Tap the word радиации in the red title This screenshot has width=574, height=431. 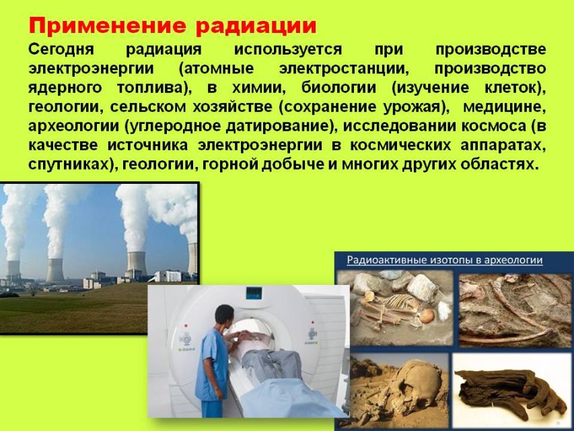point(256,27)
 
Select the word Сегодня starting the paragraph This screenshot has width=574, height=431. point(61,49)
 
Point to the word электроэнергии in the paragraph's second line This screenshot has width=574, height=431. point(91,69)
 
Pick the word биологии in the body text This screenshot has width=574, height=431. point(338,88)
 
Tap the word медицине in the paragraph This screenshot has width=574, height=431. point(505,107)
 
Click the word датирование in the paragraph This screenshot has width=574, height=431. point(278,127)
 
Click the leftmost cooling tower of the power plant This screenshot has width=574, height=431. point(13,269)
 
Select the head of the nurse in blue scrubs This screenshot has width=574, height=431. point(223,317)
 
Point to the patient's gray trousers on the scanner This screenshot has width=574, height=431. point(271,364)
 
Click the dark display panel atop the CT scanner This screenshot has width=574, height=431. point(254,293)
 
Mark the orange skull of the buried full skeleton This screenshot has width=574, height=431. point(426,316)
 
